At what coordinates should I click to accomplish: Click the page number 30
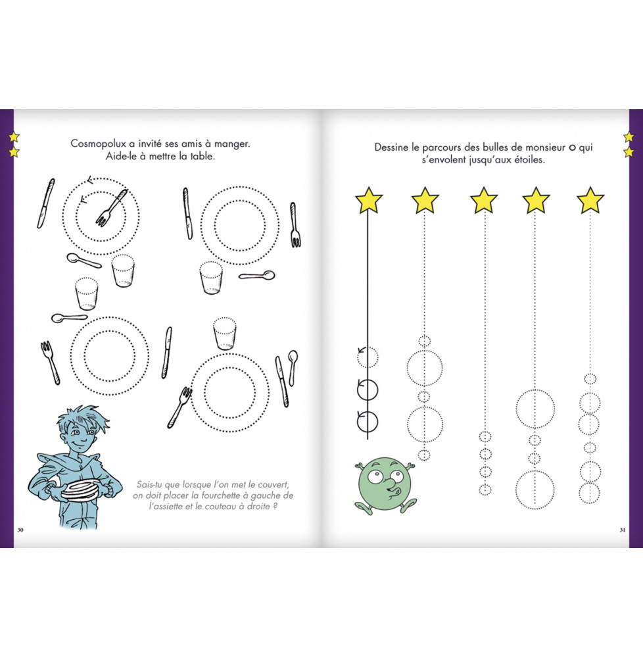coord(20,530)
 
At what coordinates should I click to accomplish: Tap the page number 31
coord(623,530)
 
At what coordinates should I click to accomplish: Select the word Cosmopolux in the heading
coord(98,144)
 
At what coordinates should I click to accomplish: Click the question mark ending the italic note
coord(275,506)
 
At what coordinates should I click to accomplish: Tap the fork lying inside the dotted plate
coord(111,207)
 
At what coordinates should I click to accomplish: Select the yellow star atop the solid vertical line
coord(368,200)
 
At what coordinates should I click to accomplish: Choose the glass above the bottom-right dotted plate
coord(225,334)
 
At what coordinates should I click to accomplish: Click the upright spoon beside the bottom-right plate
coord(293,367)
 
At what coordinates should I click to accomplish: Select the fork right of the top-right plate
coord(295,225)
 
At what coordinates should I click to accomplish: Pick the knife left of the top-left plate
coord(45,203)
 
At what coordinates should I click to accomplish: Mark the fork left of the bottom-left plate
coord(50,363)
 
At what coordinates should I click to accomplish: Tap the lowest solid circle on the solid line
coord(368,422)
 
